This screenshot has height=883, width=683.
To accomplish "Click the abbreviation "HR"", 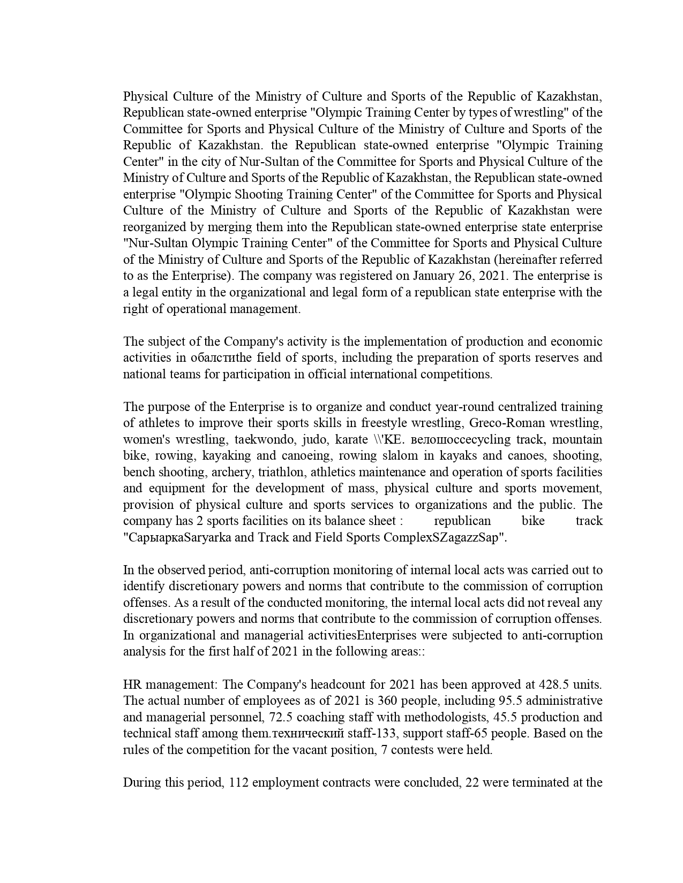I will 132,684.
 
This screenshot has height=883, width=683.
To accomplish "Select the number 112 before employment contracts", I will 238,782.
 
